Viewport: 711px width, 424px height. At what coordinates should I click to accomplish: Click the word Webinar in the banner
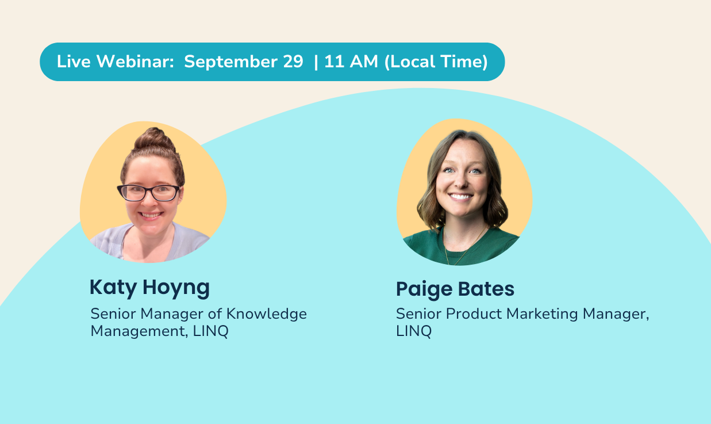coord(135,62)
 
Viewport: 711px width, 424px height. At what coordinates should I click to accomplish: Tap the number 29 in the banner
coord(293,62)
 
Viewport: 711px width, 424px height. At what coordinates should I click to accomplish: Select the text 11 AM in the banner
coord(351,62)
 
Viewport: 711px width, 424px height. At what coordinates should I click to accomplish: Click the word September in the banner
coord(230,62)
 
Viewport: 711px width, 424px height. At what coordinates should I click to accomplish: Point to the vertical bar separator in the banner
coord(316,62)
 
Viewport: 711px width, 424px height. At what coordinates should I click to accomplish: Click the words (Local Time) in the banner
coord(436,62)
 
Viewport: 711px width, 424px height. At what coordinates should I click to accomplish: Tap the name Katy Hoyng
coord(149,288)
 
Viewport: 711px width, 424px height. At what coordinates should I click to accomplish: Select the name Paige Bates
coord(455,289)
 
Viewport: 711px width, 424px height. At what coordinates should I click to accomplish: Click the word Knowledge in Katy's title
coord(267,315)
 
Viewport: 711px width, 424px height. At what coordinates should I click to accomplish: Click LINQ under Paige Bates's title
coord(414,331)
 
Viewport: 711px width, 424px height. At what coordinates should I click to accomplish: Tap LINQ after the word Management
coord(210,331)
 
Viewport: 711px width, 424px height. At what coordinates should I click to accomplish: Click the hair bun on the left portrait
coord(155,139)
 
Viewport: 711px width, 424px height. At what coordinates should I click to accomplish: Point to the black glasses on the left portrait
coord(148,193)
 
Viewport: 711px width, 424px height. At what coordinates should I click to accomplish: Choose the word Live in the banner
coord(74,62)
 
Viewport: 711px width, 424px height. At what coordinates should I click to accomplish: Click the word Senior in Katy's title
coord(113,314)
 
